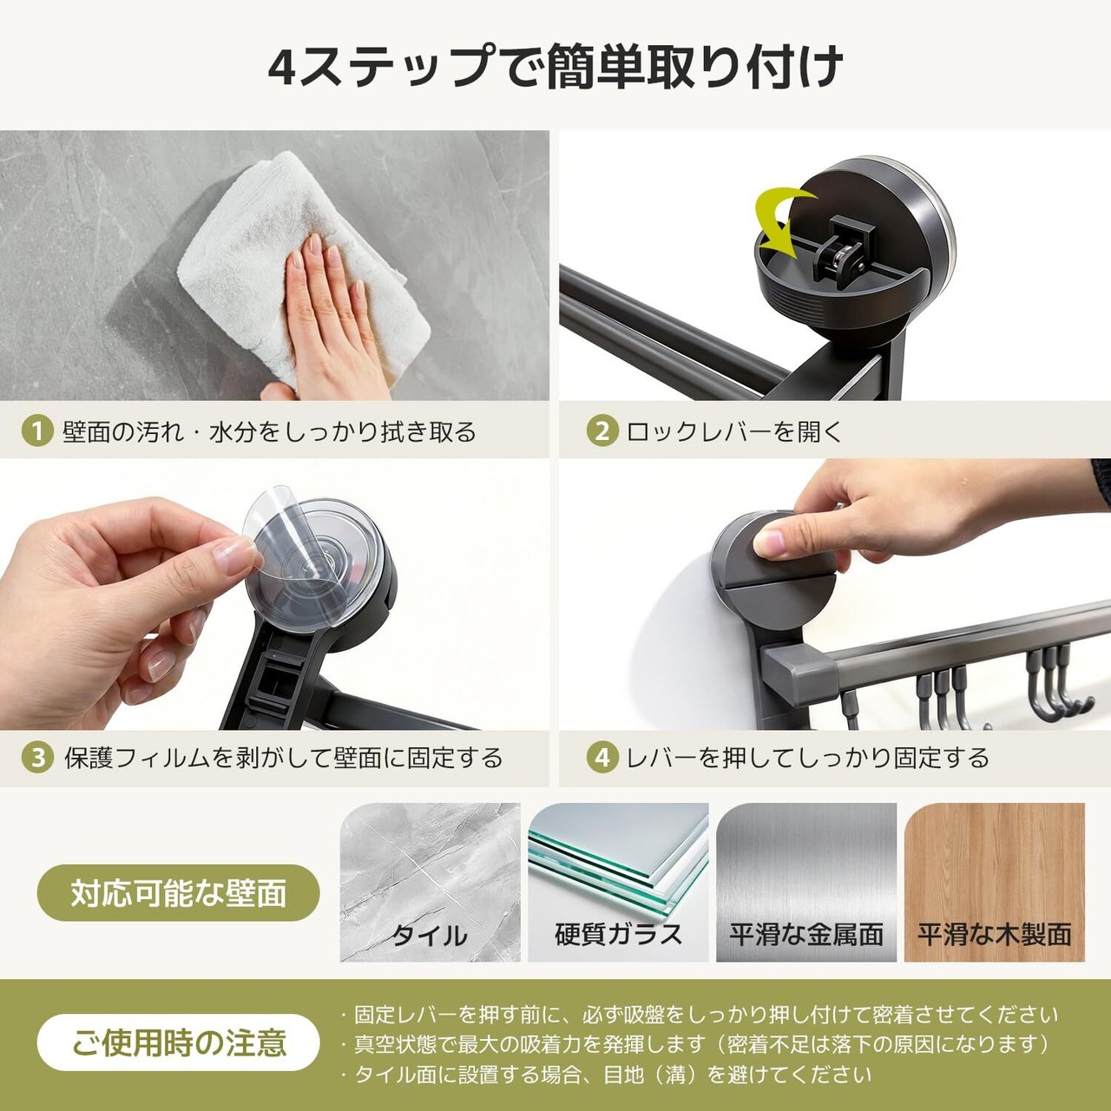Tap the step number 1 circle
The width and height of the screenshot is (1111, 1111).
[37, 432]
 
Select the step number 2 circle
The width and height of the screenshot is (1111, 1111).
[602, 432]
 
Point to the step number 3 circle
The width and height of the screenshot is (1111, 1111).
[37, 758]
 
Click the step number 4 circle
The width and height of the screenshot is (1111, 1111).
[602, 758]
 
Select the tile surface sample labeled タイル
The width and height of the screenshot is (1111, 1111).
[431, 882]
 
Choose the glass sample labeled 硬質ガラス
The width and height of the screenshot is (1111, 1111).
[618, 882]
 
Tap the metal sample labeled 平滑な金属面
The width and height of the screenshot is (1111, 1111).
[806, 882]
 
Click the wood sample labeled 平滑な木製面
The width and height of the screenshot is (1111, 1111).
[995, 882]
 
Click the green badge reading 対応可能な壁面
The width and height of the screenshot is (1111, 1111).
[178, 893]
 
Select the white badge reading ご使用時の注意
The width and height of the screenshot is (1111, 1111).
[178, 1042]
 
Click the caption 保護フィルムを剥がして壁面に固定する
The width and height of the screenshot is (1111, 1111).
[283, 758]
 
